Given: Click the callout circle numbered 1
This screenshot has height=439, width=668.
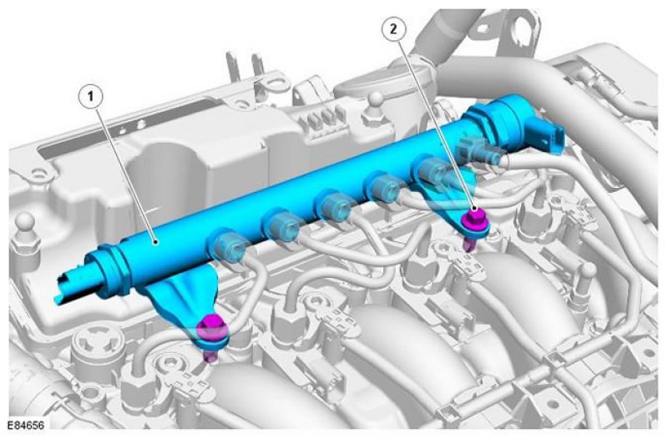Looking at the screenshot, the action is pyautogui.click(x=90, y=97).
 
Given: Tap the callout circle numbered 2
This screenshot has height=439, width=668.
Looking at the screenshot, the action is pyautogui.click(x=393, y=29).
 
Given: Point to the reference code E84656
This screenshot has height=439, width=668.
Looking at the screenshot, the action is pyautogui.click(x=26, y=425).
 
